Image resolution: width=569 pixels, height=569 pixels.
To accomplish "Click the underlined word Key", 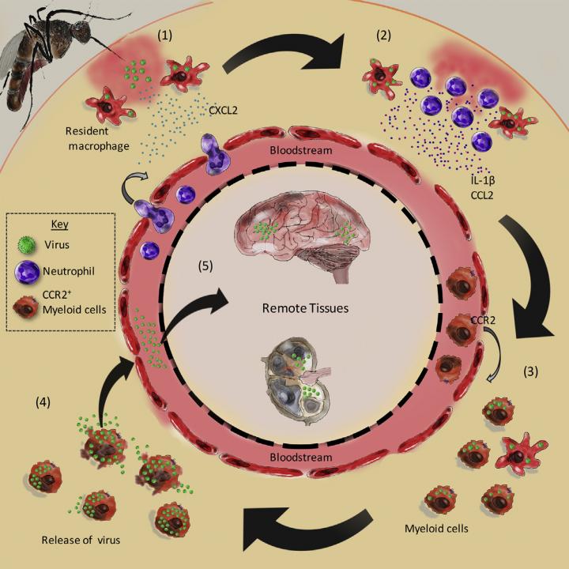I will (60, 224).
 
